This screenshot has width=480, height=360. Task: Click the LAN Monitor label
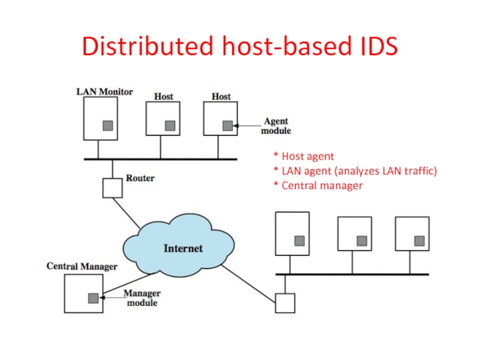pyautogui.click(x=104, y=92)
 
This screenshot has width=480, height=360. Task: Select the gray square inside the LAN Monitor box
pyautogui.click(x=108, y=125)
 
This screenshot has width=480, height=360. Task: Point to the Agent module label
pyautogui.click(x=277, y=125)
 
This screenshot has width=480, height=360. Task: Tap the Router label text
pyautogui.click(x=140, y=178)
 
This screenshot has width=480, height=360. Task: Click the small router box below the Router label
pyautogui.click(x=112, y=188)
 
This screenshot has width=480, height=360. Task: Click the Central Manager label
pyautogui.click(x=82, y=265)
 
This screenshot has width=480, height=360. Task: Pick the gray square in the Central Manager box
pyautogui.click(x=93, y=298)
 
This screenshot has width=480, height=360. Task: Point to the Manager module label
pyautogui.click(x=142, y=298)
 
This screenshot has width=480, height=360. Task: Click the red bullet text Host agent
pyautogui.click(x=304, y=157)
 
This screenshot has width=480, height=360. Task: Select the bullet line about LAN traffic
pyautogui.click(x=355, y=171)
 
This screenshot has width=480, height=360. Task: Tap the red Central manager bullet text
pyautogui.click(x=318, y=185)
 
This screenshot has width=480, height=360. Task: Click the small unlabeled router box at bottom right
pyautogui.click(x=285, y=303)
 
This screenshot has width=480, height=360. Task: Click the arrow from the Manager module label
pyautogui.click(x=111, y=296)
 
